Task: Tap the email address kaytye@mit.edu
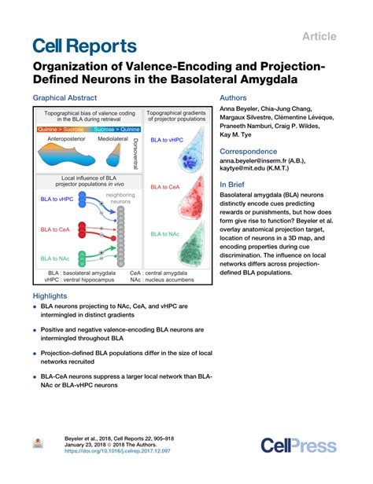click(242, 168)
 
